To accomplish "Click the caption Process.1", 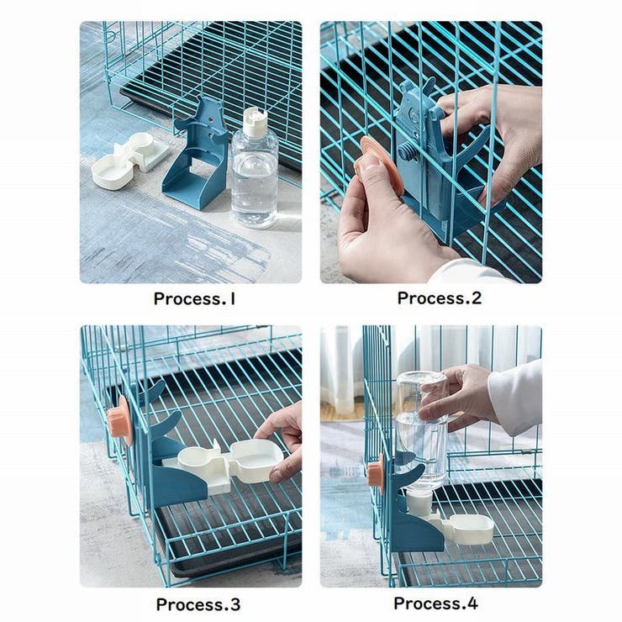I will pos(194,298).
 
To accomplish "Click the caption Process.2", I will pos(439,298).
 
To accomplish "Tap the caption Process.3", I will pos(198,604).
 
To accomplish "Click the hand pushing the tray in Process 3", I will pos(284,437).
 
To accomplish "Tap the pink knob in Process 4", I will pos(375,472).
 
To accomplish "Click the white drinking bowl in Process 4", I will pos(467,527).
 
